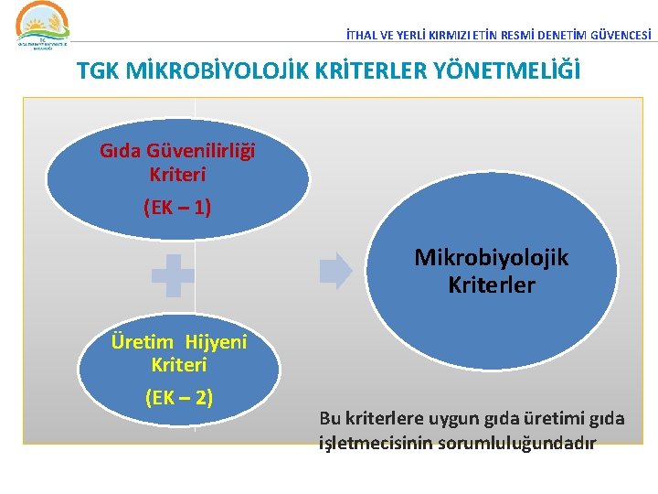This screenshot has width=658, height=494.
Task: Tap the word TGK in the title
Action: pyautogui.click(x=97, y=70)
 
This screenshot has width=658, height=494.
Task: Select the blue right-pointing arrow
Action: pyautogui.click(x=335, y=271)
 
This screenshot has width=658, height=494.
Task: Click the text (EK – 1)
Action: pyautogui.click(x=177, y=208)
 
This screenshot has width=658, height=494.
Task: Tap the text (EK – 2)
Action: pyautogui.click(x=179, y=397)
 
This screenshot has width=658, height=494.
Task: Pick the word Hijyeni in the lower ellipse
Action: pyautogui.click(x=216, y=342)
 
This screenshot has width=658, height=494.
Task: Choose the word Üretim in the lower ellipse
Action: pyautogui.click(x=142, y=342)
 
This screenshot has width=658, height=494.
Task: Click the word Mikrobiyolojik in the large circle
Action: pyautogui.click(x=491, y=258)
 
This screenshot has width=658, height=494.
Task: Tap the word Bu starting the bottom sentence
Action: pyautogui.click(x=328, y=419)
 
